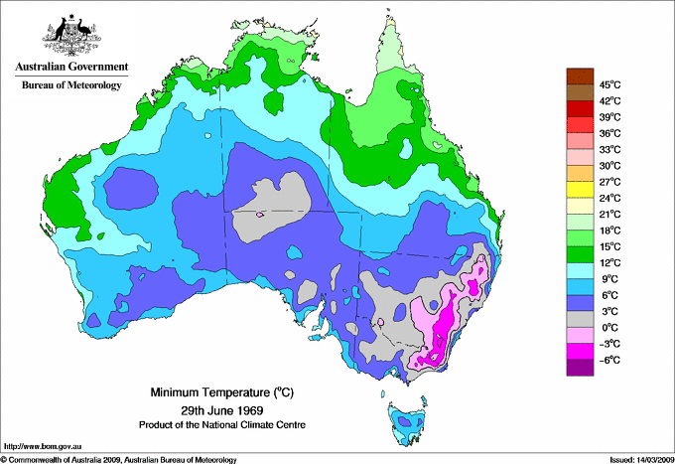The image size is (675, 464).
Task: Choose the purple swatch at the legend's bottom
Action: (580, 368)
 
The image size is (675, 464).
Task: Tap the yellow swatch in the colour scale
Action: (580, 190)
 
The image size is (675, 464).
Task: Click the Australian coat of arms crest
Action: (70, 35)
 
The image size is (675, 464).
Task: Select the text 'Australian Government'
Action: (70, 68)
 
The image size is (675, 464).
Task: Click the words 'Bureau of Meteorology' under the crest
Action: (70, 85)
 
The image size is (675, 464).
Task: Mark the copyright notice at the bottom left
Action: (119, 458)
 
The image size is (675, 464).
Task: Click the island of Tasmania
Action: (408, 423)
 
